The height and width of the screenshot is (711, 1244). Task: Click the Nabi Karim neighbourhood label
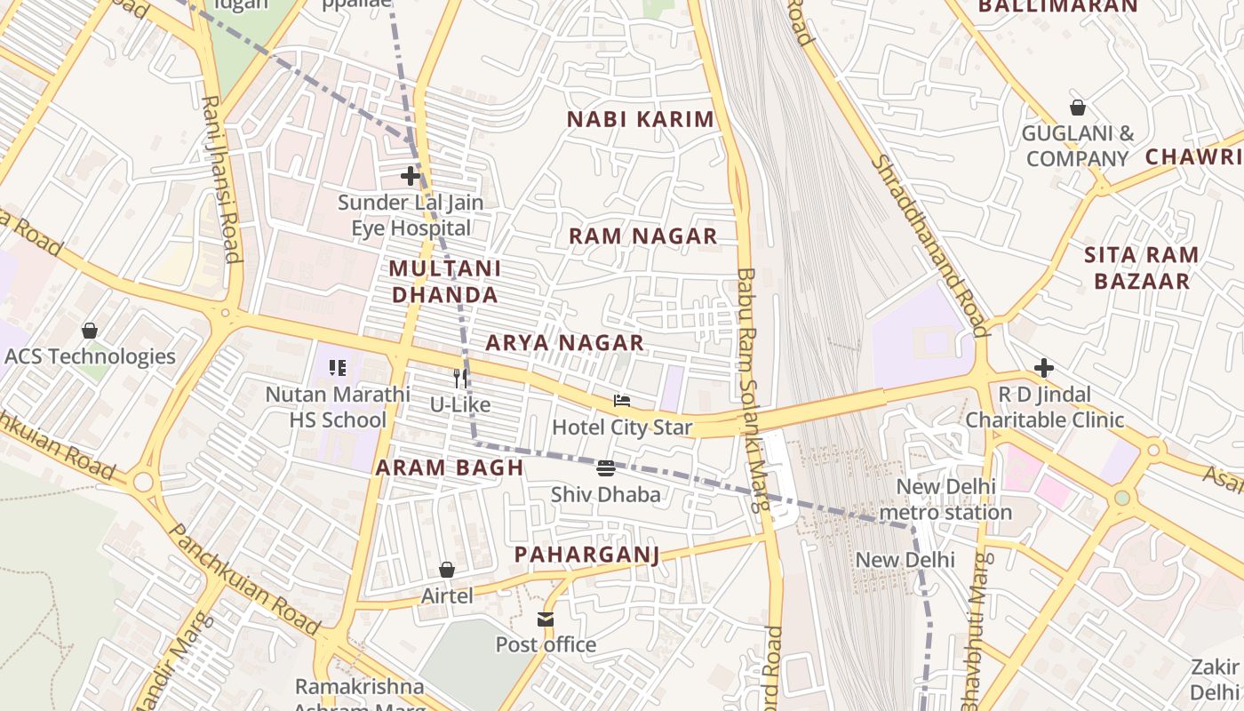tap(640, 119)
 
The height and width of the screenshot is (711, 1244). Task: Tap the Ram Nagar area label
tap(642, 236)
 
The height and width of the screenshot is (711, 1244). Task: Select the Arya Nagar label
tap(564, 342)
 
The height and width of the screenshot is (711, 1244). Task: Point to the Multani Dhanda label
tap(444, 281)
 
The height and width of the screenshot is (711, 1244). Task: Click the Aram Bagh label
tap(450, 467)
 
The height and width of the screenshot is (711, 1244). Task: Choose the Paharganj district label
tap(587, 555)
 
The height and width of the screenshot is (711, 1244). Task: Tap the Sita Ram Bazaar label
tap(1142, 268)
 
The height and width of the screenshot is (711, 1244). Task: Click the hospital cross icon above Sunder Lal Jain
tap(410, 176)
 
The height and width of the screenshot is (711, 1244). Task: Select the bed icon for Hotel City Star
tap(622, 401)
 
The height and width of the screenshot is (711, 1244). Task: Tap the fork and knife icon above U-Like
tap(460, 379)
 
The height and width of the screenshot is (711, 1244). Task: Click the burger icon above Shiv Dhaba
tap(606, 468)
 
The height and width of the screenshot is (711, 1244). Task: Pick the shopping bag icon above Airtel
tap(447, 570)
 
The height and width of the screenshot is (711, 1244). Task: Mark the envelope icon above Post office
tap(546, 619)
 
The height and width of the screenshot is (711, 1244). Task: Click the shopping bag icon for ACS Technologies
tap(90, 331)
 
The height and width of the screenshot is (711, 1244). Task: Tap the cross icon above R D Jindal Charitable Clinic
tap(1044, 367)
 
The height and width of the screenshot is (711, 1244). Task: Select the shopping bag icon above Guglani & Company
tap(1078, 108)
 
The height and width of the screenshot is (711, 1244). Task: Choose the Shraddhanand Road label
tap(929, 246)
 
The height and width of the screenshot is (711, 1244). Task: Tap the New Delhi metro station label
tap(945, 499)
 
